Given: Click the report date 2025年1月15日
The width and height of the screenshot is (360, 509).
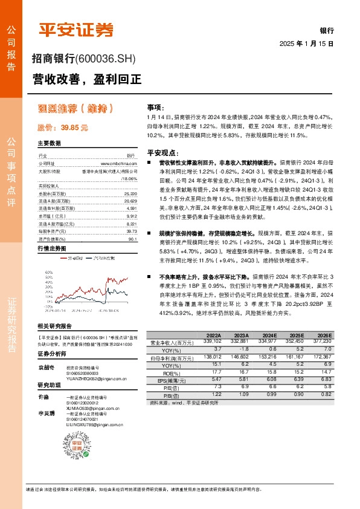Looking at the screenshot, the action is click(x=306, y=44).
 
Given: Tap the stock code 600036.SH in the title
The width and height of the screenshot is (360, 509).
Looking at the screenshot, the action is click(x=106, y=59).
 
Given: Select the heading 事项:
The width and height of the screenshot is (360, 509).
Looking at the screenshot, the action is click(x=156, y=106).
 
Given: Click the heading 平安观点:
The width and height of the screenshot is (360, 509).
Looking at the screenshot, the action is click(x=160, y=153).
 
